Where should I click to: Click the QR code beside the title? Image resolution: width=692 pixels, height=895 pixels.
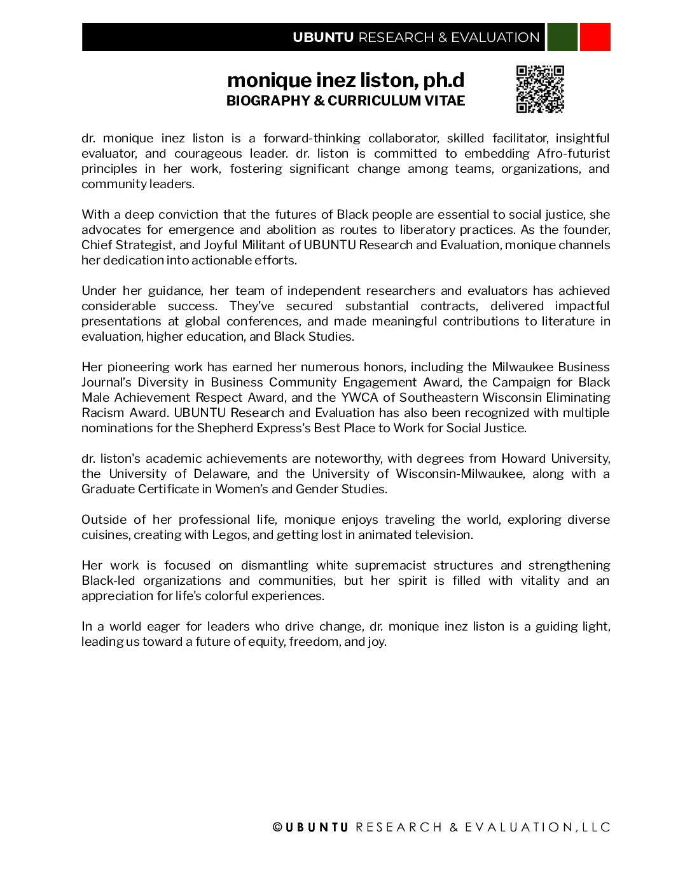(x=540, y=89)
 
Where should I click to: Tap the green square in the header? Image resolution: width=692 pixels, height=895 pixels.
(x=562, y=37)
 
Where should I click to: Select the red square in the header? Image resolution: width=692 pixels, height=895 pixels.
(x=595, y=37)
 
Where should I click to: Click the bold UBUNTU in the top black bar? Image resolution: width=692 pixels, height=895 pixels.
(x=323, y=38)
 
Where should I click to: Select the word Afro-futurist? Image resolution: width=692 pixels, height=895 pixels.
(x=573, y=153)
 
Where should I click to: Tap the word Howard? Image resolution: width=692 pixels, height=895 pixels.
(x=523, y=458)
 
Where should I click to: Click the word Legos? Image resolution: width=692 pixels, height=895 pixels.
(x=230, y=535)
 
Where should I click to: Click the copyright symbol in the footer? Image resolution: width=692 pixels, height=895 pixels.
(x=277, y=827)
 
